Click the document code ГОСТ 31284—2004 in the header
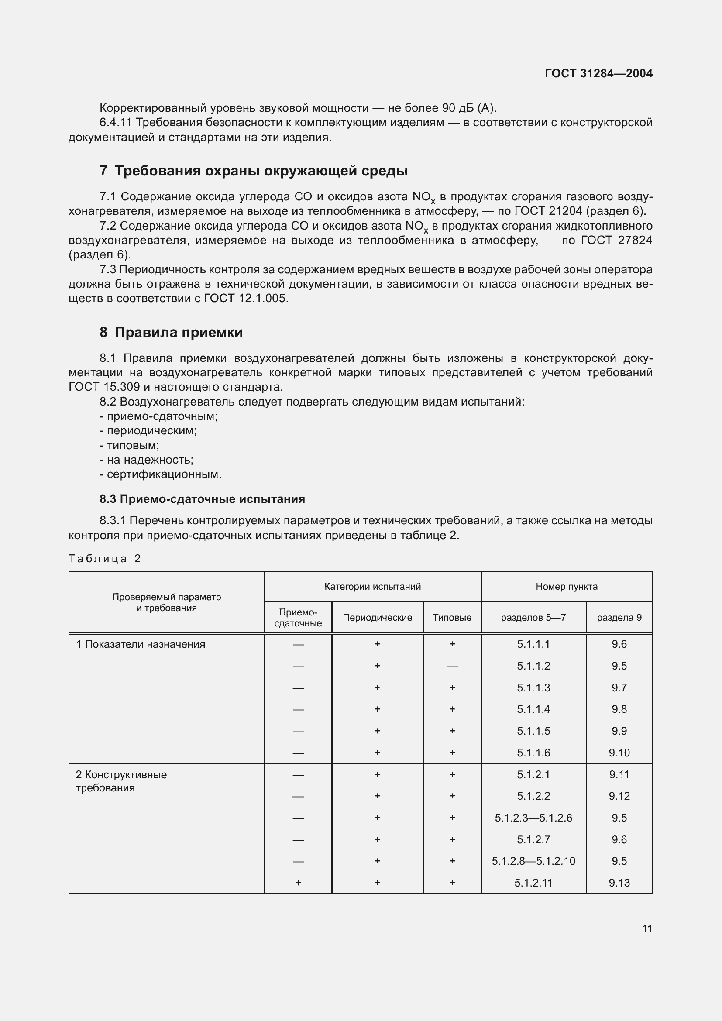[598, 73]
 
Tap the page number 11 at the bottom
[647, 928]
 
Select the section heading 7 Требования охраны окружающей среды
[254, 171]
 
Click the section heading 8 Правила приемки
[171, 332]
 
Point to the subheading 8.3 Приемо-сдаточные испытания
[202, 499]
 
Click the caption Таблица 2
[104, 559]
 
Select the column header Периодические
[377, 617]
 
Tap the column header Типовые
[452, 617]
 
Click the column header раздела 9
[619, 617]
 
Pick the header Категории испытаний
[372, 587]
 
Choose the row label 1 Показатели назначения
[141, 644]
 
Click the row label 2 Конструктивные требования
[121, 781]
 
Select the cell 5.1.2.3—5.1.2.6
[533, 818]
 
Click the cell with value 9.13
[619, 883]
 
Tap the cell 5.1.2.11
[533, 883]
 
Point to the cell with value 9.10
[619, 753]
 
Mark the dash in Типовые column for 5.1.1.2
[452, 666]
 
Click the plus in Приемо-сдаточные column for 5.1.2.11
[298, 883]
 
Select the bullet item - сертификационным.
[161, 474]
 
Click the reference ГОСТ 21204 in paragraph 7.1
[548, 211]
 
